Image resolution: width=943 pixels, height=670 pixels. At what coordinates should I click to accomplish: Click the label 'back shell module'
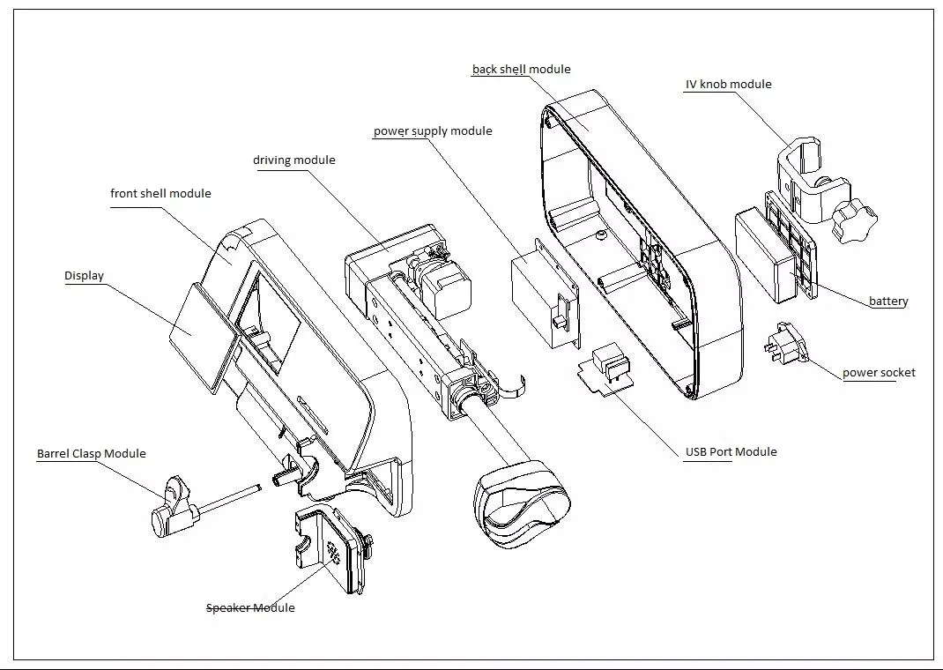point(522,69)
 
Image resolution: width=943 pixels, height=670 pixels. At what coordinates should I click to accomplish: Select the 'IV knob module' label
point(728,85)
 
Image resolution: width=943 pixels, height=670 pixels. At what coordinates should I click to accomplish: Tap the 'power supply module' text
point(433,131)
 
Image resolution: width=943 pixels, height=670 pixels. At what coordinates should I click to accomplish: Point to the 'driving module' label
point(294,160)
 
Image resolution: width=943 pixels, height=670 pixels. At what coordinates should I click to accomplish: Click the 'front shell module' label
point(160,194)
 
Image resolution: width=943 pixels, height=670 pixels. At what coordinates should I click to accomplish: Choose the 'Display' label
point(85,275)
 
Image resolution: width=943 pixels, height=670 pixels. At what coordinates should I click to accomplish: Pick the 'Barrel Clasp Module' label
point(92,453)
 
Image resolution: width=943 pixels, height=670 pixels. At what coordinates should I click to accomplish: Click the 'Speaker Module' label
point(250,607)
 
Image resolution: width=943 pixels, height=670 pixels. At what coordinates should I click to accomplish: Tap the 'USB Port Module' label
point(731,451)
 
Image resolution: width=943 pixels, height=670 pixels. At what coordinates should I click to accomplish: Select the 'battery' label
point(888,301)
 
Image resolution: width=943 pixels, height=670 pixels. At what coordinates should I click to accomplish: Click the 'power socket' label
point(879,373)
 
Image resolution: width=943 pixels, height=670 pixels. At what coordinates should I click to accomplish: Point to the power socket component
point(785,346)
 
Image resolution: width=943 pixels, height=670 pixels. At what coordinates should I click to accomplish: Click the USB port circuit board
point(606,370)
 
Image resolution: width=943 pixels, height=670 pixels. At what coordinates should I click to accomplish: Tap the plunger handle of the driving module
point(521,502)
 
